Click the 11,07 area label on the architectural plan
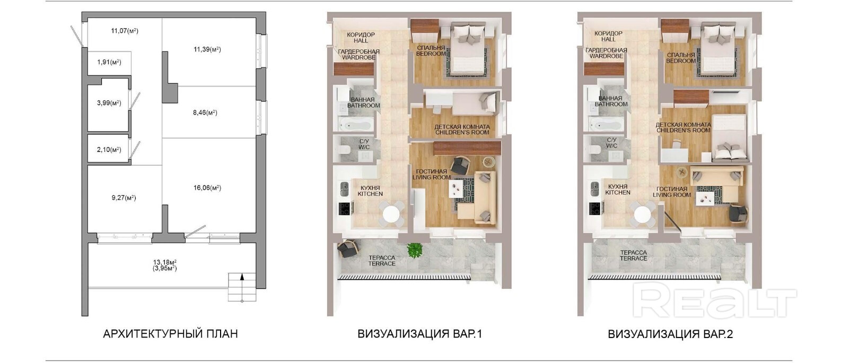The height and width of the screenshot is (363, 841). point(125,31)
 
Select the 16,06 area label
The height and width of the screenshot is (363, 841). point(207,187)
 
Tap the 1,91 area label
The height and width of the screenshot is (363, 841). point(109,62)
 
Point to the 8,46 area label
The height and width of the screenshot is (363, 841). point(205,113)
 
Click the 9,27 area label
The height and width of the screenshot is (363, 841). point(124,197)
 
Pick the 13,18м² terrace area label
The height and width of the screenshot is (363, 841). point(165,262)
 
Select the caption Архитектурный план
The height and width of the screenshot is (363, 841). point(170,334)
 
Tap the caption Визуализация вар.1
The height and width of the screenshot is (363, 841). point(419,334)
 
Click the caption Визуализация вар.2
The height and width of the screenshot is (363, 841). point(670,334)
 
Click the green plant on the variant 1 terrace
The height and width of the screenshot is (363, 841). point(415,250)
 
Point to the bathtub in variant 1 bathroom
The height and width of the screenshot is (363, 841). point(356,124)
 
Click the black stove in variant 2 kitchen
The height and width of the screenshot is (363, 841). point(594,209)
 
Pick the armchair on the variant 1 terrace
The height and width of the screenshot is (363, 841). point(347,248)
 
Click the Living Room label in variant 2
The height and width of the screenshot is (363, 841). point(672,192)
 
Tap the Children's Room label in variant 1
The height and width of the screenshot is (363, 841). point(462,129)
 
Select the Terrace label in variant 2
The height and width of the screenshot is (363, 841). point(633,255)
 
